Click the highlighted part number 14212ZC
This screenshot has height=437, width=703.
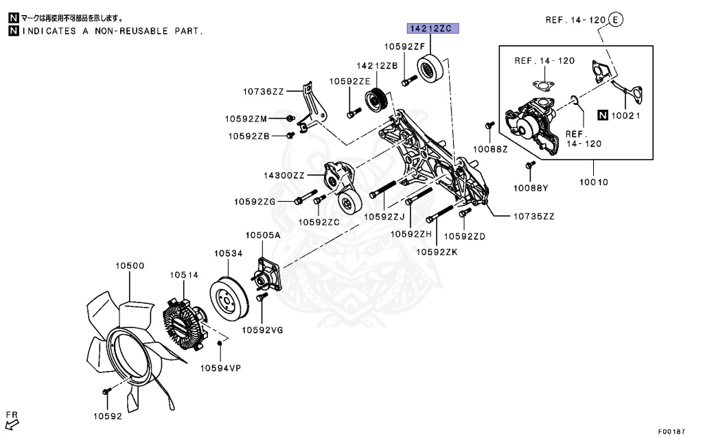click(x=430, y=29)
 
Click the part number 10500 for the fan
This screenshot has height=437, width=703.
click(x=129, y=265)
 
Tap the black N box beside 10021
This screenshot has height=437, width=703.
click(x=602, y=115)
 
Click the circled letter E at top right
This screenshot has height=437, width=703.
click(x=616, y=20)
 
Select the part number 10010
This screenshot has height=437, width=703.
click(x=593, y=182)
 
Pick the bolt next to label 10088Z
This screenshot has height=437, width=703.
click(x=489, y=126)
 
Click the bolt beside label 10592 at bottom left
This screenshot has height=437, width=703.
click(x=106, y=391)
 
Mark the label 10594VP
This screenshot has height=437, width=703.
click(x=220, y=368)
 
